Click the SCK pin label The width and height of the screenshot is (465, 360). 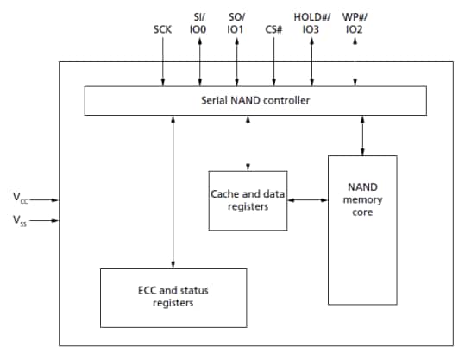coord(162,29)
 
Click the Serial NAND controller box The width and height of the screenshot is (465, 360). coord(254,101)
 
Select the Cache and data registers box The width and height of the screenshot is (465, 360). coord(248,199)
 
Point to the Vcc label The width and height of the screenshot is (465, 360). coord(19,198)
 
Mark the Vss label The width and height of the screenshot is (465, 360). coord(19,220)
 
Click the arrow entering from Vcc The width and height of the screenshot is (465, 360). coord(47,199)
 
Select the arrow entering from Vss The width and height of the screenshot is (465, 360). coord(47,220)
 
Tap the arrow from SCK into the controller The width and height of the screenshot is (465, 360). coord(162,65)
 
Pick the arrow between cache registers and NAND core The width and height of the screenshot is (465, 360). coord(306,199)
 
